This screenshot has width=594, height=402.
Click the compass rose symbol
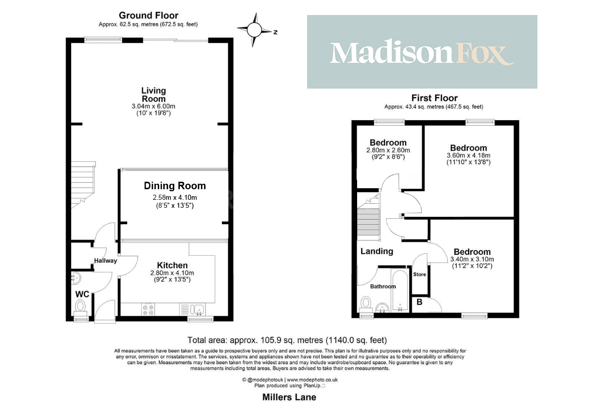[255, 29]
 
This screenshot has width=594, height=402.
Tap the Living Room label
[153, 95]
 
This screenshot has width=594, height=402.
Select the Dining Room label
[175, 186]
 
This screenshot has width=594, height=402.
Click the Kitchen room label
[172, 265]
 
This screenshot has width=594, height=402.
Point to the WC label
[82, 293]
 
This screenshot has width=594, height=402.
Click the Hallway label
[106, 260]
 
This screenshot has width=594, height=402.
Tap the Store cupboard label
[419, 274]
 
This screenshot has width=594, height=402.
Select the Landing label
[377, 251]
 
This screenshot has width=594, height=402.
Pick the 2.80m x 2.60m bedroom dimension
[388, 150]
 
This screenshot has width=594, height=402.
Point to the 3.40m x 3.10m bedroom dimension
[472, 259]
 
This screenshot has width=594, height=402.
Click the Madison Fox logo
[422, 52]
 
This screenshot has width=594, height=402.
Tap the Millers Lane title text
[289, 397]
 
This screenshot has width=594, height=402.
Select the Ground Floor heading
[148, 16]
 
